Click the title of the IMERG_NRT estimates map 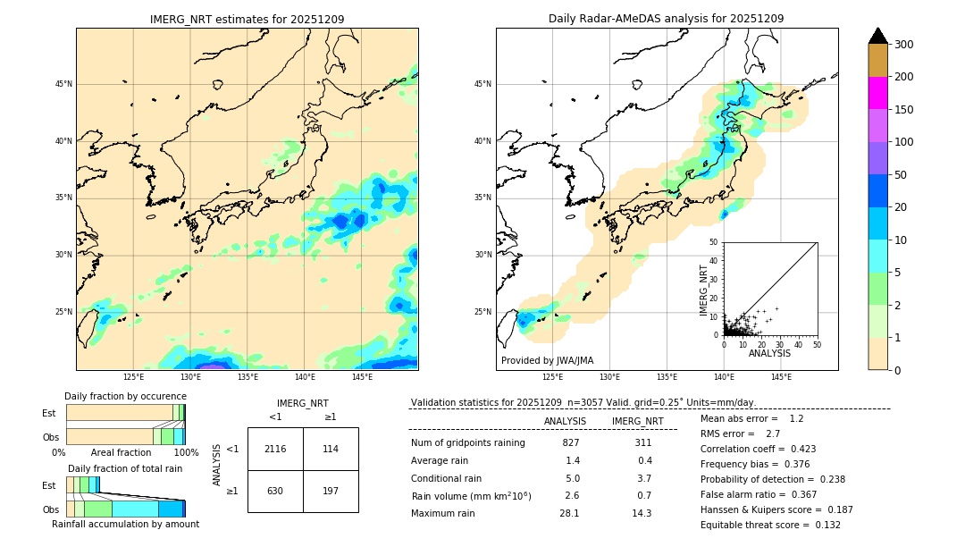247,19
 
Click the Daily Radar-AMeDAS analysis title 666,19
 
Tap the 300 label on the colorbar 905,45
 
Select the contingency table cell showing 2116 275,449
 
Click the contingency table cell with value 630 275,491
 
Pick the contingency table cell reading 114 331,449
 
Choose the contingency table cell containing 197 331,491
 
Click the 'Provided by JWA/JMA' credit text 547,360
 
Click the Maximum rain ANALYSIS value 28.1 569,513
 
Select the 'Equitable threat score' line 770,525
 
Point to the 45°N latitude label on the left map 63,84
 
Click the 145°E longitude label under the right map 781,378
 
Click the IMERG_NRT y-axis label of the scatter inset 704,290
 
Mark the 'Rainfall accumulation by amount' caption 125,524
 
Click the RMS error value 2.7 774,433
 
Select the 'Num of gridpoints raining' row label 468,442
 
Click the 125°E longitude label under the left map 134,378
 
